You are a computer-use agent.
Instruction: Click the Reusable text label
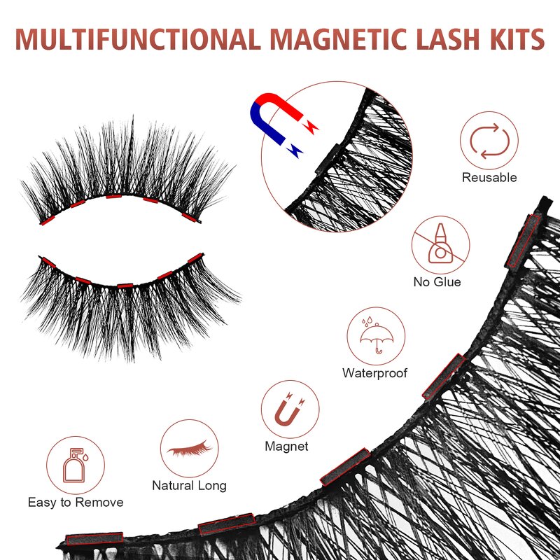(x=489, y=178)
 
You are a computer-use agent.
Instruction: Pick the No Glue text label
(x=437, y=282)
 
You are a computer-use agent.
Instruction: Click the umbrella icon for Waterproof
(x=375, y=335)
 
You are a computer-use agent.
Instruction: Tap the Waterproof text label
(x=374, y=373)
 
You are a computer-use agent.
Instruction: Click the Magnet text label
(x=286, y=447)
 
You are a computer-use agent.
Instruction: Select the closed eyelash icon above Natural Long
(x=189, y=448)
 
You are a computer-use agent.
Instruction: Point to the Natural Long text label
(x=189, y=485)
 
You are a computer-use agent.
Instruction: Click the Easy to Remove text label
(x=76, y=503)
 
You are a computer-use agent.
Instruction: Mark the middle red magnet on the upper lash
(x=113, y=197)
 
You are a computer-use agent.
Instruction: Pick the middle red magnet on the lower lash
(x=125, y=285)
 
